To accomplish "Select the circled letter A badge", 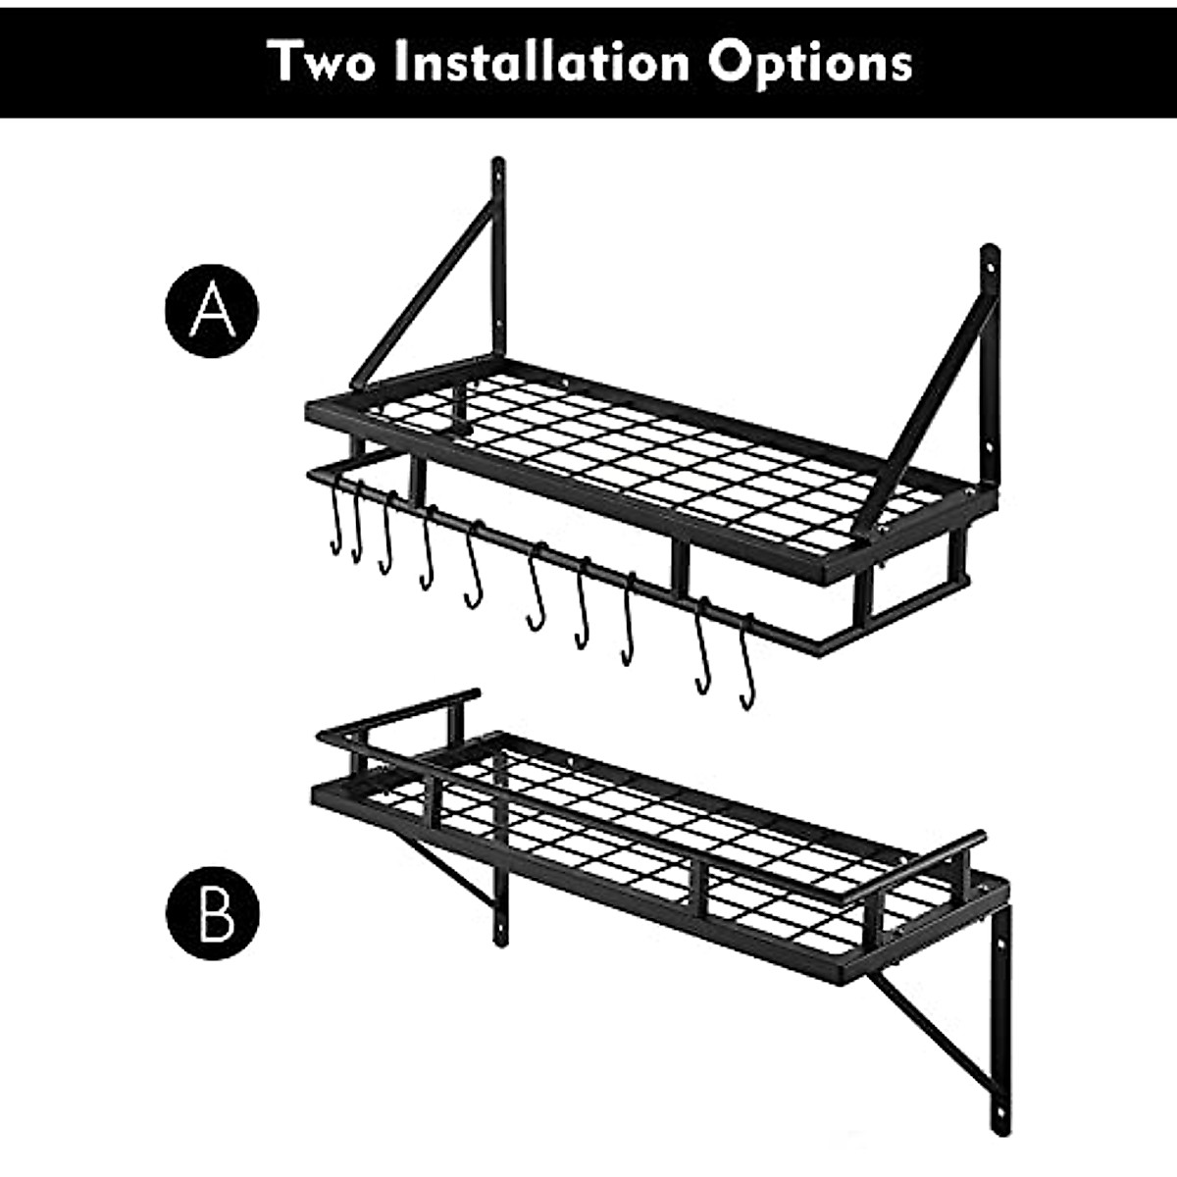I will click(x=211, y=309).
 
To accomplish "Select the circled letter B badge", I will click(x=211, y=912).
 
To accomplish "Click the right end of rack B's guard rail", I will click(x=976, y=842).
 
